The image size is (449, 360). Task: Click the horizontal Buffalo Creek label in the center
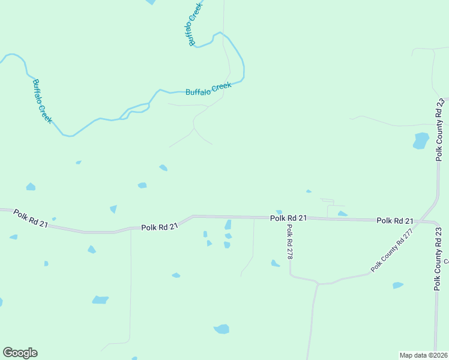click(x=208, y=89)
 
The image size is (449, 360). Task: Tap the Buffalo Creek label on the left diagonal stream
click(x=43, y=101)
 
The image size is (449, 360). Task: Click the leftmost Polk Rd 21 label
click(x=31, y=218)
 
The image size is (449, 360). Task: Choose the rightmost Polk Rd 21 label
click(x=395, y=221)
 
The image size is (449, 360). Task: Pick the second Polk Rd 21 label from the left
click(x=160, y=227)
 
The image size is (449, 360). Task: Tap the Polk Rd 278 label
click(x=289, y=242)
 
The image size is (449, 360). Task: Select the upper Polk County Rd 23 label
click(x=439, y=131)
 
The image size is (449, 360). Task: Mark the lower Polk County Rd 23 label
click(x=438, y=259)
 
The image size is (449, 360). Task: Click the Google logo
click(x=20, y=353)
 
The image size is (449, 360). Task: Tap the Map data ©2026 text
click(x=423, y=355)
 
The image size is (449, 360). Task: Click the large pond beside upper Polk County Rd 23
click(x=421, y=141)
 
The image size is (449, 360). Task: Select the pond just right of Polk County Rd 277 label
click(x=397, y=285)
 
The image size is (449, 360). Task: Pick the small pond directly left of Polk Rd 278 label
click(x=275, y=263)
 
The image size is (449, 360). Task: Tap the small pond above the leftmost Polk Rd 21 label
click(x=30, y=187)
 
